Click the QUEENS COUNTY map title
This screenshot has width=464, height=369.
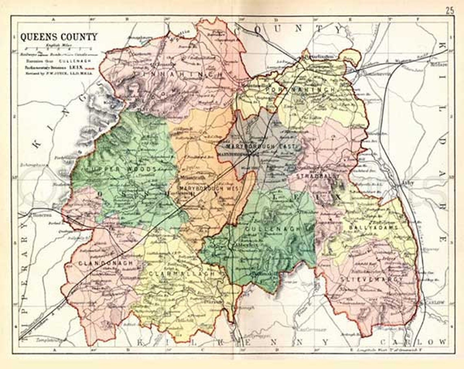click(59, 37)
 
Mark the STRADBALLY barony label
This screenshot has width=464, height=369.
click(314, 176)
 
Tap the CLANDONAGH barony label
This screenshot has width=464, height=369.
click(101, 264)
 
